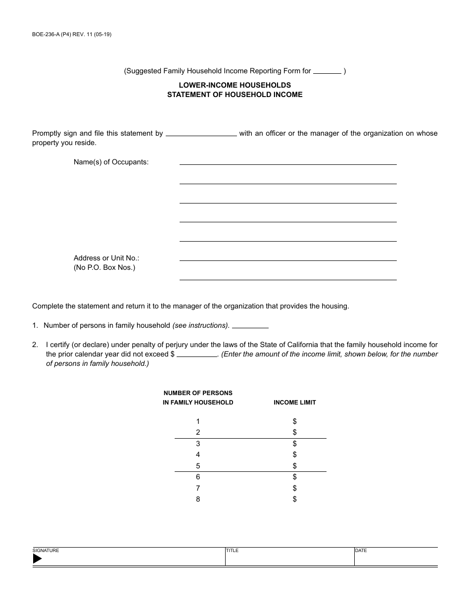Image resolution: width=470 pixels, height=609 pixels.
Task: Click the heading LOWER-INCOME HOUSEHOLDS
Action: click(x=235, y=85)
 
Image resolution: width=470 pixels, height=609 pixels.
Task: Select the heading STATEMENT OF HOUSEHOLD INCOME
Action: click(x=235, y=95)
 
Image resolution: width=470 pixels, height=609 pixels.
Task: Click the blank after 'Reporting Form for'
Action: click(x=328, y=71)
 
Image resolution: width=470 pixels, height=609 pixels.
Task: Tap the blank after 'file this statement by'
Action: click(x=201, y=133)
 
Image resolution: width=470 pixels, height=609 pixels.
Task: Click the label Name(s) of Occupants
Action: click(x=111, y=162)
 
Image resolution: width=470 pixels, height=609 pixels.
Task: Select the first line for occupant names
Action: click(x=287, y=160)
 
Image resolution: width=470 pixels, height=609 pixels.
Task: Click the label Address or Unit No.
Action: click(x=106, y=258)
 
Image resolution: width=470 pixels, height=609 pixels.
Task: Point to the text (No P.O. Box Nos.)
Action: click(x=104, y=268)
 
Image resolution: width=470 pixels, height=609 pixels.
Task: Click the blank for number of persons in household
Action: click(x=250, y=325)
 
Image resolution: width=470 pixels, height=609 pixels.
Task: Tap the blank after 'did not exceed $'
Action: click(x=196, y=354)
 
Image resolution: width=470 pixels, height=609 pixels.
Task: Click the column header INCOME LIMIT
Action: click(x=294, y=403)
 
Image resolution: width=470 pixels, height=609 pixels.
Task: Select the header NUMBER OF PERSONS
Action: click(x=198, y=393)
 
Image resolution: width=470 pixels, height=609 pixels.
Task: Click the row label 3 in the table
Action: click(x=198, y=444)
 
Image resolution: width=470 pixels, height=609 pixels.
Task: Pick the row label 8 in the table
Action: click(x=198, y=499)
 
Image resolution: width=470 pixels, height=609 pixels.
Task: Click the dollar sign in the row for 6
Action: click(x=294, y=477)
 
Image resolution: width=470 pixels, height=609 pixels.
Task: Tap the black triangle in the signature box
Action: click(x=37, y=558)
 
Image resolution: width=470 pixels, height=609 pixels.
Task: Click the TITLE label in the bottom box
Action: click(x=232, y=551)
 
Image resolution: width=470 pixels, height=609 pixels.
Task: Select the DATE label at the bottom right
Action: click(x=361, y=551)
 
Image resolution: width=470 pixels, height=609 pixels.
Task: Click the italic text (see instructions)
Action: click(x=200, y=325)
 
